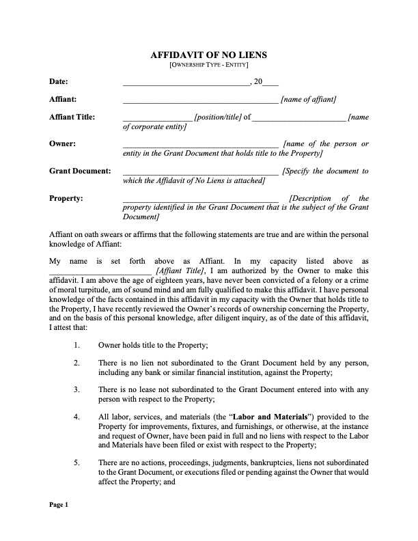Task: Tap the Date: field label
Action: tap(58, 82)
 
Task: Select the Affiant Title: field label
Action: tap(72, 117)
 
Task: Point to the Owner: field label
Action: tap(62, 144)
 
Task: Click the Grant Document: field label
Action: tap(80, 171)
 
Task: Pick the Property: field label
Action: tap(66, 198)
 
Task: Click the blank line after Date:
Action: tap(186, 83)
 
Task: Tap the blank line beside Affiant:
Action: tap(200, 100)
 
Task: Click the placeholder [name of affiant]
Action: tap(308, 100)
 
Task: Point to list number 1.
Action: tap(76, 346)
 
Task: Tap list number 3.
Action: tap(76, 389)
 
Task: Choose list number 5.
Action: tap(76, 462)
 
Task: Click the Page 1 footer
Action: tap(58, 505)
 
